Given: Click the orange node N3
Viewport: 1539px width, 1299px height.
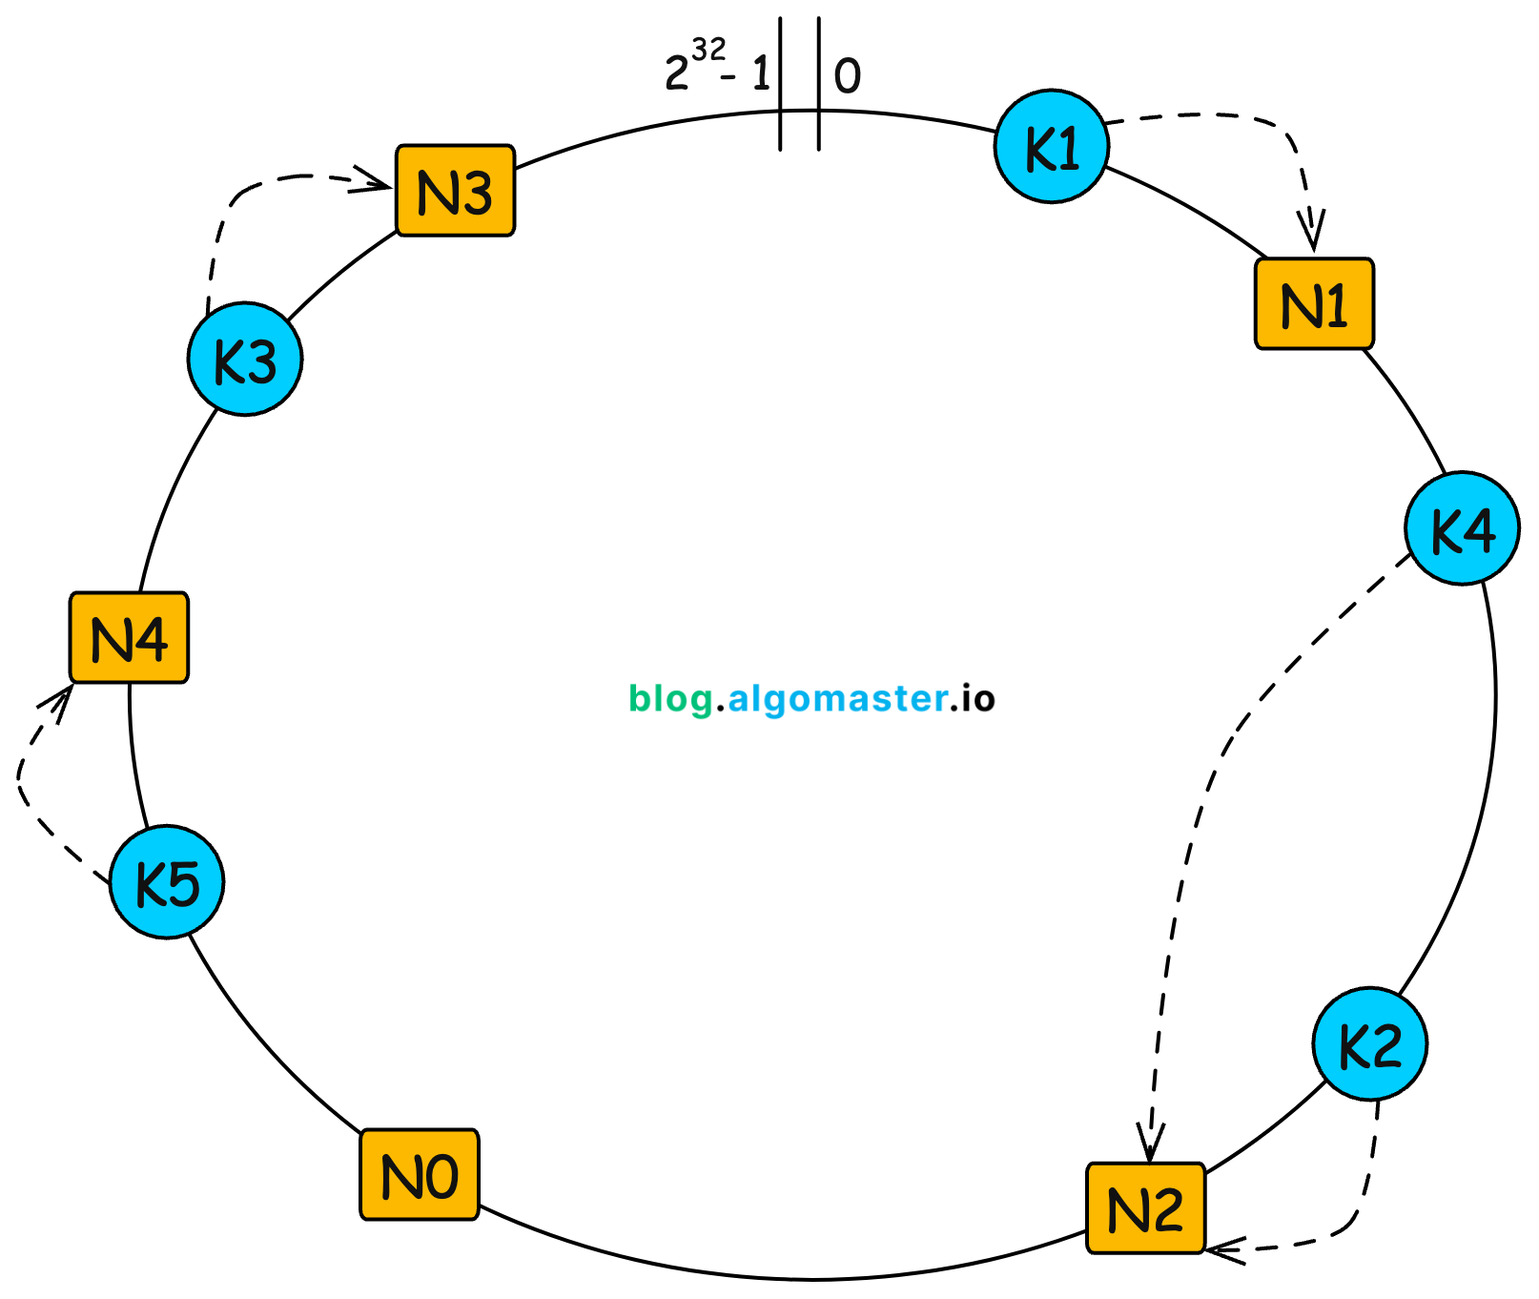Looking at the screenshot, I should click(455, 191).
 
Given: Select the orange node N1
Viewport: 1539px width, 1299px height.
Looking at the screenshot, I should click(1313, 303).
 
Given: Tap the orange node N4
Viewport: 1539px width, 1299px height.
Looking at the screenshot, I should click(129, 637).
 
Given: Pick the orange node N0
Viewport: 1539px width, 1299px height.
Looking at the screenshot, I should click(419, 1174).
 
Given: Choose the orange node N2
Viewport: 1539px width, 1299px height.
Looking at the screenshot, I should click(1145, 1207).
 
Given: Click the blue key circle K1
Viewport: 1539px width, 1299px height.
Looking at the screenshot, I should click(1051, 147).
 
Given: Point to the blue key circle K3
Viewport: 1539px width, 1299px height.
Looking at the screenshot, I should click(245, 359).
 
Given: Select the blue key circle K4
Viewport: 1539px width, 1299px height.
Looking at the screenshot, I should click(1461, 527).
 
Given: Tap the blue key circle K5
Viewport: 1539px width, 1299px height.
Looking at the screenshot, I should click(167, 881).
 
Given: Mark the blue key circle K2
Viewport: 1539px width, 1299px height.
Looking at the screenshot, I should click(1369, 1043).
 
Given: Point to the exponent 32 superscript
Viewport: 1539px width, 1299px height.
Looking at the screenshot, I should click(708, 50).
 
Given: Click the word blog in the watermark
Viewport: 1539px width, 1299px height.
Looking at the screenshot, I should click(670, 699).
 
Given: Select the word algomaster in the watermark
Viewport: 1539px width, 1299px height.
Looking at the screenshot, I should click(837, 699).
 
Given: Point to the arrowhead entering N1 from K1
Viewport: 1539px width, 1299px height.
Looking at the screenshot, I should click(1313, 237).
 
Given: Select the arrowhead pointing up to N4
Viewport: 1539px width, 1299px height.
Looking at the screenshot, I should click(60, 698).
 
